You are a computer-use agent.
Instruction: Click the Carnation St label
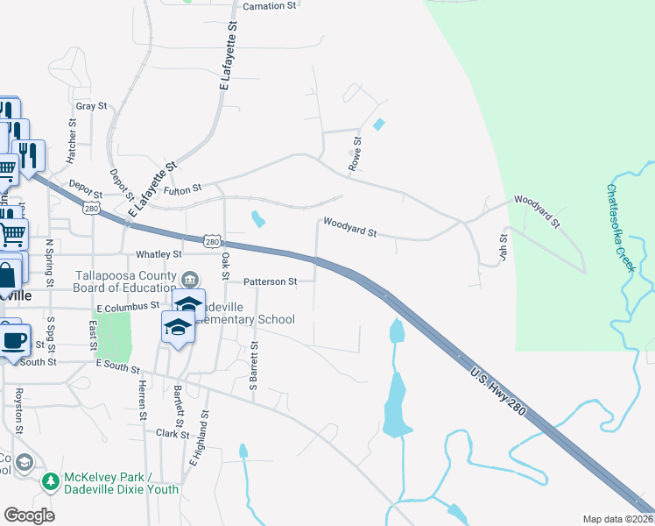click(x=270, y=6)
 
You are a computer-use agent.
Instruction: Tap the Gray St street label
click(x=91, y=106)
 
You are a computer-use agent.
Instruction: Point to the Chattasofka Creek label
click(x=619, y=226)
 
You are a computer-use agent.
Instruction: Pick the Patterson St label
click(x=271, y=282)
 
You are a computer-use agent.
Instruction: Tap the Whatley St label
click(x=158, y=254)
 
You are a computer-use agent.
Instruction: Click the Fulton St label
click(x=184, y=188)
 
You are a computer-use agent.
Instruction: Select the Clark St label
click(x=166, y=433)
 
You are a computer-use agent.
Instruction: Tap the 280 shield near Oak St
click(x=212, y=240)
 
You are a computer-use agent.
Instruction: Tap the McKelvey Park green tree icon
click(x=51, y=480)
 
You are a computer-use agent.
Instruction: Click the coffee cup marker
click(x=13, y=340)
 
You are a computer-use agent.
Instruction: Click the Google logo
click(x=30, y=515)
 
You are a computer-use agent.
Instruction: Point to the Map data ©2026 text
click(x=617, y=519)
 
